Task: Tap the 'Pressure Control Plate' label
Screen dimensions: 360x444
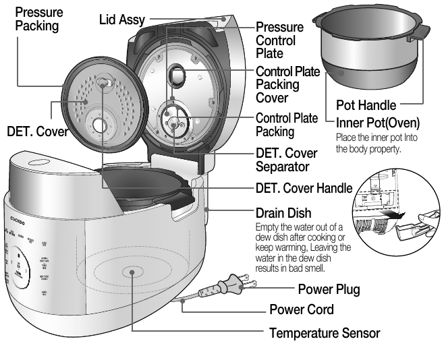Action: point(279,40)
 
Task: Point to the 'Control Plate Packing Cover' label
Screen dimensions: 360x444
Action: point(288,84)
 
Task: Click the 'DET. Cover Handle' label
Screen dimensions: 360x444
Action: point(304,187)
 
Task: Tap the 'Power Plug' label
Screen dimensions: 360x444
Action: point(329,290)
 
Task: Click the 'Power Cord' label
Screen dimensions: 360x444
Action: point(300,310)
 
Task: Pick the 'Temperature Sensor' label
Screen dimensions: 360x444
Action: point(325,333)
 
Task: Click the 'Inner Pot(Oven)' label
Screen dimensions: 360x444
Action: point(377,123)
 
